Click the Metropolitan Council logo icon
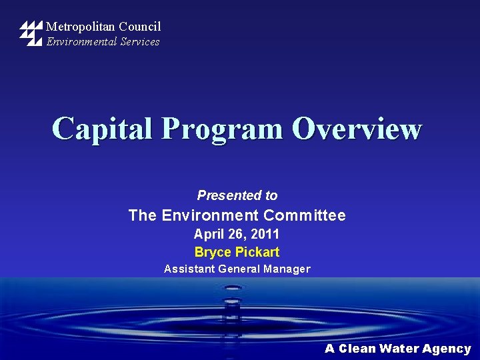pyautogui.click(x=31, y=33)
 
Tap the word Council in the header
pyautogui.click(x=140, y=27)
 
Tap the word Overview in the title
pyautogui.click(x=357, y=129)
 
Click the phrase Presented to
pyautogui.click(x=237, y=195)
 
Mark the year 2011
pyautogui.click(x=265, y=234)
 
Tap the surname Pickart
pyautogui.click(x=257, y=252)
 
